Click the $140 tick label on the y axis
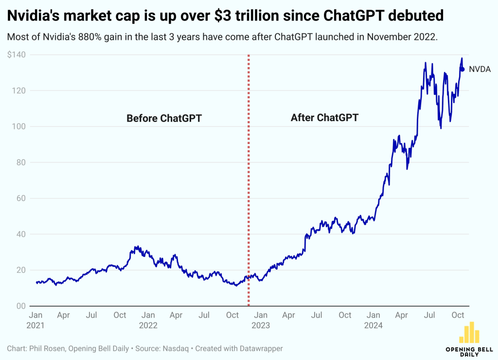[17, 55]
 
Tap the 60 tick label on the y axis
[20, 198]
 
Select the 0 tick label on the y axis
[22, 306]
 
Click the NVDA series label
[480, 69]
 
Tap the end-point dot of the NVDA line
[462, 69]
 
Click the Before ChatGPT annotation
[164, 118]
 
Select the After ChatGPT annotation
[324, 118]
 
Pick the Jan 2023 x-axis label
[261, 320]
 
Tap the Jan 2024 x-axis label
[373, 320]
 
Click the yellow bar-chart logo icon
[469, 333]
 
